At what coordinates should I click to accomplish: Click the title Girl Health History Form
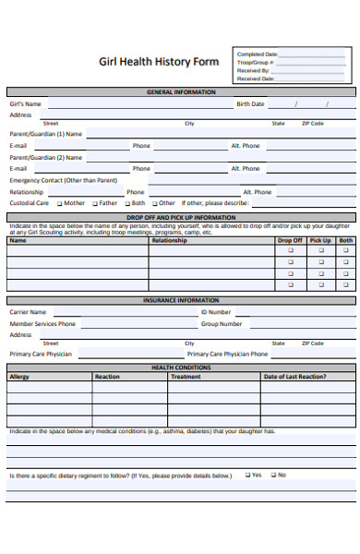tap(159, 62)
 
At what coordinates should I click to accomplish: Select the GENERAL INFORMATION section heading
tap(181, 92)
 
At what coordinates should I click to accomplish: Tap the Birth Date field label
tap(250, 104)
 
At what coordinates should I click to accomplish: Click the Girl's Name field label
tap(26, 104)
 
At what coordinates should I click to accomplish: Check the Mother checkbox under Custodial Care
tap(60, 203)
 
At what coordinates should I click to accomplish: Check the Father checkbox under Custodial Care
tap(94, 203)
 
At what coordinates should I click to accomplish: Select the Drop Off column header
tap(290, 240)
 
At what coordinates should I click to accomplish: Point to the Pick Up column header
tap(320, 240)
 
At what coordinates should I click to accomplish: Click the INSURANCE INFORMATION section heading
tap(181, 300)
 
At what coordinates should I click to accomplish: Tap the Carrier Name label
tap(28, 312)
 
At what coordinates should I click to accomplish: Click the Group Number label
tap(222, 324)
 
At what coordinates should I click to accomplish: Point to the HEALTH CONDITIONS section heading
tap(181, 367)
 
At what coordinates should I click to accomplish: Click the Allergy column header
tap(19, 377)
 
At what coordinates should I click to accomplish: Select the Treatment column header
tap(186, 377)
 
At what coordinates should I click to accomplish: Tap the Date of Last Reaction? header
tap(294, 377)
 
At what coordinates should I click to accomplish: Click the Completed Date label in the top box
tap(258, 54)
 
